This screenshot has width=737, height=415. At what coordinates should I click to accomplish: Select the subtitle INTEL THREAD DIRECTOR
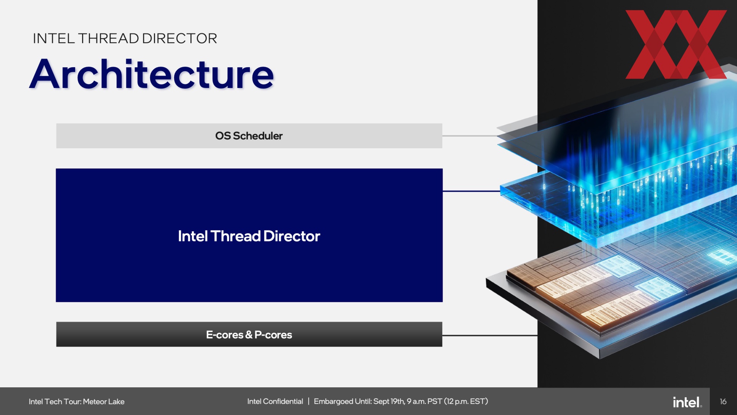[125, 38]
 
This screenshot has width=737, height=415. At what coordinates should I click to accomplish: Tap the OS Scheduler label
[249, 136]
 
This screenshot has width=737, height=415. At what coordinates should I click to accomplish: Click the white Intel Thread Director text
[249, 236]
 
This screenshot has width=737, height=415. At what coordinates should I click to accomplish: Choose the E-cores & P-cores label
[249, 335]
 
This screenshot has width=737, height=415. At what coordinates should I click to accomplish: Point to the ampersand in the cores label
[249, 335]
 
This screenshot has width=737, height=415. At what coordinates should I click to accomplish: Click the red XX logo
[676, 44]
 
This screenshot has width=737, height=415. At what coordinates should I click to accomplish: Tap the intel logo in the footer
[687, 402]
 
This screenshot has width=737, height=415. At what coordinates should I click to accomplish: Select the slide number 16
[723, 402]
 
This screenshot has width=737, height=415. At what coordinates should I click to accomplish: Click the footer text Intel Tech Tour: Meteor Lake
[76, 402]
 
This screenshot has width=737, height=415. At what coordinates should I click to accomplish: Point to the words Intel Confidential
[275, 402]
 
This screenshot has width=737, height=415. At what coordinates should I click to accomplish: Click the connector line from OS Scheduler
[471, 136]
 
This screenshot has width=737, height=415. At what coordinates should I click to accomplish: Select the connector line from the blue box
[471, 191]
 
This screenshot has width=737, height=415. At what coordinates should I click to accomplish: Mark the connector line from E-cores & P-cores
[490, 335]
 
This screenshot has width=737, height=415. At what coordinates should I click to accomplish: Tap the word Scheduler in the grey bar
[258, 136]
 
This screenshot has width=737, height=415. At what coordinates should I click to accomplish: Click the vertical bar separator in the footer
[308, 402]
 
